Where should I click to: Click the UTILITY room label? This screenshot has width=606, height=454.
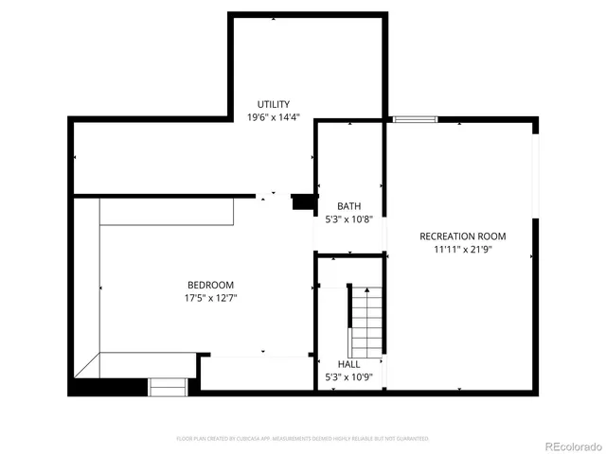pyautogui.click(x=274, y=104)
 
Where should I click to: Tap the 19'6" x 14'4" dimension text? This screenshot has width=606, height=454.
pyautogui.click(x=274, y=118)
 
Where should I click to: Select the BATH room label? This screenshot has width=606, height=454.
pyautogui.click(x=349, y=205)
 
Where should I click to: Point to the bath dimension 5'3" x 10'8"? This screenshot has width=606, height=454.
pyautogui.click(x=349, y=219)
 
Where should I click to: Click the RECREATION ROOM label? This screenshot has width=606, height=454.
pyautogui.click(x=463, y=236)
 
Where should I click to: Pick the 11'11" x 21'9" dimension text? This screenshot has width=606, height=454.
pyautogui.click(x=463, y=251)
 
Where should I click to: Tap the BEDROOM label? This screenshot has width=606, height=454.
pyautogui.click(x=210, y=285)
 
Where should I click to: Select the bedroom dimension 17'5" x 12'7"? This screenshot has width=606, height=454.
pyautogui.click(x=210, y=299)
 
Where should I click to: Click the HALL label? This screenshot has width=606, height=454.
pyautogui.click(x=349, y=364)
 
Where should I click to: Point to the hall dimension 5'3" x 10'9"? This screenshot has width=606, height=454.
pyautogui.click(x=349, y=378)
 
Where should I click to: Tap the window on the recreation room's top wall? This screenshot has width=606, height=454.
pyautogui.click(x=415, y=119)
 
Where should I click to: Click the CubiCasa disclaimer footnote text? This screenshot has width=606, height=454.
pyautogui.click(x=303, y=439)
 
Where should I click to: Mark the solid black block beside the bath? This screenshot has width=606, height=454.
pyautogui.click(x=302, y=201)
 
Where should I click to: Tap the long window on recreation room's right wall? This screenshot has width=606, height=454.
pyautogui.click(x=535, y=180)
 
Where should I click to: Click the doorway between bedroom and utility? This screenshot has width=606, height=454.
pyautogui.click(x=275, y=196)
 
